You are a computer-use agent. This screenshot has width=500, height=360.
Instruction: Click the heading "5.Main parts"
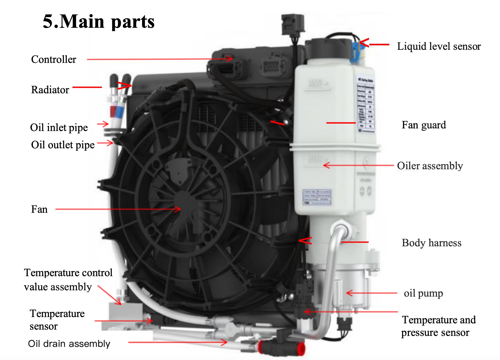click(98, 21)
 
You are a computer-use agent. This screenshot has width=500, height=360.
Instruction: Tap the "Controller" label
click(53, 59)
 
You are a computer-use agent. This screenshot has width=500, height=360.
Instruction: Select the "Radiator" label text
click(50, 90)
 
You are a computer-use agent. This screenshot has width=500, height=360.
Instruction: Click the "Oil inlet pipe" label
click(59, 128)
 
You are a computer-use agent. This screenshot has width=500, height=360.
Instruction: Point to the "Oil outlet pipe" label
click(63, 145)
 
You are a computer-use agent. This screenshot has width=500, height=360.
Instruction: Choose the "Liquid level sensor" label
click(439, 46)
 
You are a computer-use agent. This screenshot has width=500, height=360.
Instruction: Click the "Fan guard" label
click(424, 125)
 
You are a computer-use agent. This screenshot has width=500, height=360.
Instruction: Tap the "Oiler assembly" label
click(430, 166)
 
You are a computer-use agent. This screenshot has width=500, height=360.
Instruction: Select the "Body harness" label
click(431, 243)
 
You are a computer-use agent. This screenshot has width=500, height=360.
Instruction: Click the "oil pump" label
click(423, 293)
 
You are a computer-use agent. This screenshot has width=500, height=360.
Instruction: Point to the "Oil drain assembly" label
click(69, 344)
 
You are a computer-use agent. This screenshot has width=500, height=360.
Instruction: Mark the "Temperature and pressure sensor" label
click(438, 326)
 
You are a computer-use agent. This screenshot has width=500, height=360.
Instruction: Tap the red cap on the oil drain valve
click(301, 349)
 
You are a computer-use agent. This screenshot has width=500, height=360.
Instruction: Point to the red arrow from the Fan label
click(118, 209)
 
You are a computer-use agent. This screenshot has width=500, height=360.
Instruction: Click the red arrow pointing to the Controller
click(160, 59)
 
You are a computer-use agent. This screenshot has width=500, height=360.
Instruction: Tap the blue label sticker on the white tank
click(317, 197)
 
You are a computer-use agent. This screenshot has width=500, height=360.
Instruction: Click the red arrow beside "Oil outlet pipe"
click(105, 143)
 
